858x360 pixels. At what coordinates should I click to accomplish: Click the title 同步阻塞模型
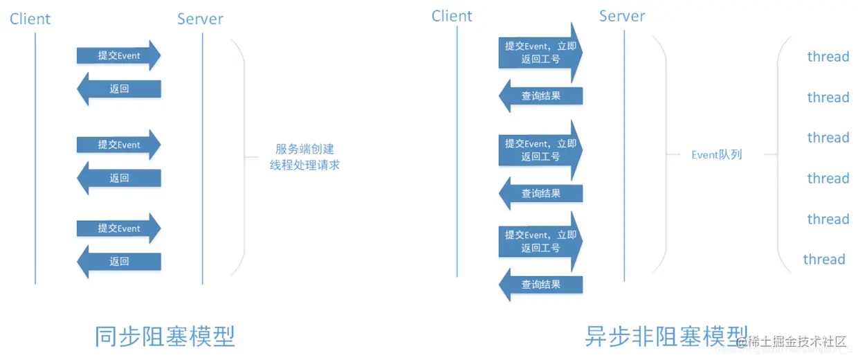pyautogui.click(x=165, y=336)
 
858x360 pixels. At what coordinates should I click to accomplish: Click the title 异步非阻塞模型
pyautogui.click(x=666, y=336)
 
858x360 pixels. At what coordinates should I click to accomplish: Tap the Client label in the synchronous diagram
pyautogui.click(x=30, y=19)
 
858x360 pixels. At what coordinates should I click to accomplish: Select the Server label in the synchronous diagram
pyautogui.click(x=200, y=19)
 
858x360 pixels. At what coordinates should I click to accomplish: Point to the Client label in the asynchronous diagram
pyautogui.click(x=452, y=16)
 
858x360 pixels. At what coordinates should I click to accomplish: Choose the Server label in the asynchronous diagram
pyautogui.click(x=622, y=16)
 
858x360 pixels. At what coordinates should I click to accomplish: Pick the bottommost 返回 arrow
pyautogui.click(x=119, y=262)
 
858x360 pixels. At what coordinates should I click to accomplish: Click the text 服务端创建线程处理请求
pyautogui.click(x=304, y=157)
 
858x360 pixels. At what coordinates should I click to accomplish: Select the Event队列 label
pyautogui.click(x=716, y=154)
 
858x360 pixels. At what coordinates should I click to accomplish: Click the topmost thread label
pyautogui.click(x=828, y=57)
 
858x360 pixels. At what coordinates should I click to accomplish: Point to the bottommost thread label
pyautogui.click(x=823, y=260)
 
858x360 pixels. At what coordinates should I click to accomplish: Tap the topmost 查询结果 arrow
pyautogui.click(x=541, y=96)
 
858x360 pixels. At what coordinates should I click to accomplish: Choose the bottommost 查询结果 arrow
pyautogui.click(x=541, y=285)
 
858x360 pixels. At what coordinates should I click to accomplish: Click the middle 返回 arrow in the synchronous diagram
pyautogui.click(x=119, y=178)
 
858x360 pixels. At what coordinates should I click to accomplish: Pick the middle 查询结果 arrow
pyautogui.click(x=541, y=194)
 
